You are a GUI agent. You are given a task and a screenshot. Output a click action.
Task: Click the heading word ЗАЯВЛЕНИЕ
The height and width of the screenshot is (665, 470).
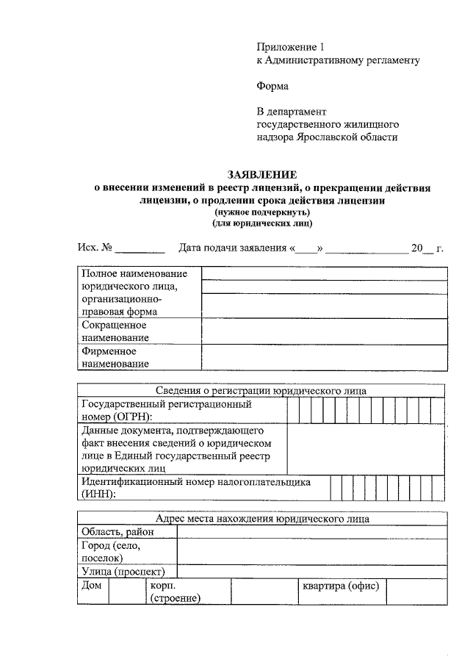click(262, 175)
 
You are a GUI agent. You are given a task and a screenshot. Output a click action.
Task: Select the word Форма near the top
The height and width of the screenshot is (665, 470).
click(272, 86)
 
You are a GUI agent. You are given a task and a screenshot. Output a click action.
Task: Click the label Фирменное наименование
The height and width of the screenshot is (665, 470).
click(115, 357)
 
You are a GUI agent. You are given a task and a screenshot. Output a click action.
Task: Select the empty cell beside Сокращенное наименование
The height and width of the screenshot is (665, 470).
click(324, 331)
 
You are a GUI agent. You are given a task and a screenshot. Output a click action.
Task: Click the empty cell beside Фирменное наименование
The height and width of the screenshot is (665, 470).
click(324, 358)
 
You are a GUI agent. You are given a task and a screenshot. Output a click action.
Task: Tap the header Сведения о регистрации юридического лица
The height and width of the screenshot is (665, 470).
click(261, 391)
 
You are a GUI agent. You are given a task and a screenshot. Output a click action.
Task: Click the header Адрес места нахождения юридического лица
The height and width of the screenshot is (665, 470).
click(261, 519)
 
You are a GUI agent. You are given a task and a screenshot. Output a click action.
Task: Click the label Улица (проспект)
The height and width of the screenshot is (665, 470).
click(123, 572)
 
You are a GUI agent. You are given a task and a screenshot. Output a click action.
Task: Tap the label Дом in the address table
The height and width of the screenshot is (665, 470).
click(91, 586)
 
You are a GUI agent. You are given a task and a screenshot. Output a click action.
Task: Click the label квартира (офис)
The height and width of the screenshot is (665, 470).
click(340, 586)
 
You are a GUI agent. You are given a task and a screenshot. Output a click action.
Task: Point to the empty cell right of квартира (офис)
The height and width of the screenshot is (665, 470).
click(416, 592)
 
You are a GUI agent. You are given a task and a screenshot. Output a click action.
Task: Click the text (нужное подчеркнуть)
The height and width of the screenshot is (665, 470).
click(261, 211)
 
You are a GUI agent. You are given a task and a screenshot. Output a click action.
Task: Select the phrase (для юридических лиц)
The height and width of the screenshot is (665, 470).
click(261, 222)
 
